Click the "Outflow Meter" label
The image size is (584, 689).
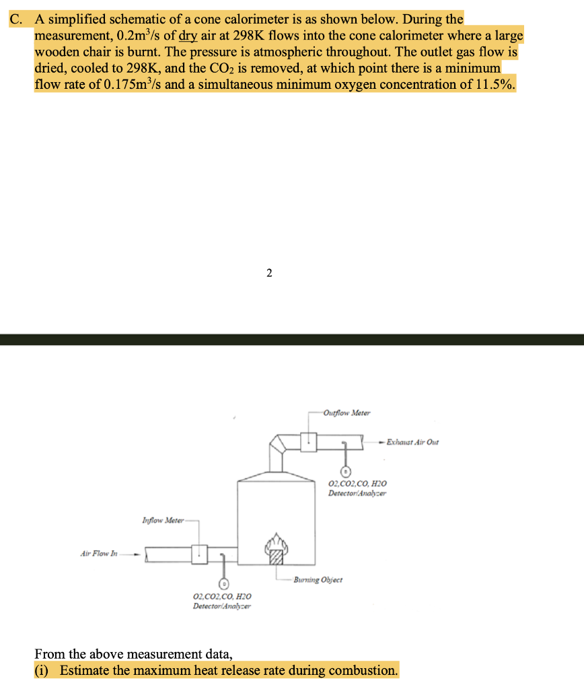click(346, 412)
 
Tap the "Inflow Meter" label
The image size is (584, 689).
click(160, 520)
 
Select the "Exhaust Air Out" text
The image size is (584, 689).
click(412, 442)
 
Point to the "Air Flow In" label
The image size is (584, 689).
click(99, 554)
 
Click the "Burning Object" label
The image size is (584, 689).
click(318, 579)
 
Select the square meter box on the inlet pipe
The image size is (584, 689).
click(199, 554)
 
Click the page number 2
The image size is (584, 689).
click(269, 273)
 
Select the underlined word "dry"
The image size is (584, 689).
click(188, 36)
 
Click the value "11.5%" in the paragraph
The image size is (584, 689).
click(499, 85)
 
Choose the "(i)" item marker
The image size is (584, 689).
click(44, 670)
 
